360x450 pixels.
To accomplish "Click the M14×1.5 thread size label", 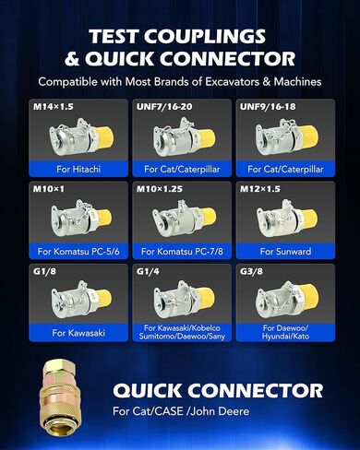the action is point(54,107).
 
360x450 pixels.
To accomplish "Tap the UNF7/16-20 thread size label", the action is point(164,107).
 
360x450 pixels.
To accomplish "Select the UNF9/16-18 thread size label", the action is point(268,107).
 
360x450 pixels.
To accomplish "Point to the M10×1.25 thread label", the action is point(160,189).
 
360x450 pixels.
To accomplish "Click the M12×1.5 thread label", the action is point(260,189).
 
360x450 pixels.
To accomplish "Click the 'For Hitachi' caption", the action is point(78,169).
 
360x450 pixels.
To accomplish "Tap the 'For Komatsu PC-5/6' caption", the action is point(78,252).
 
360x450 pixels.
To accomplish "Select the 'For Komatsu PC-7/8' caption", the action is point(182,252).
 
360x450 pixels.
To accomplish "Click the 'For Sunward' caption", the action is point(285,252).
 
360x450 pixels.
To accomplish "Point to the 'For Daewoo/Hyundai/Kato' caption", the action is point(285,332).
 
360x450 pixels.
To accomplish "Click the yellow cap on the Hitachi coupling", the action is point(105,137).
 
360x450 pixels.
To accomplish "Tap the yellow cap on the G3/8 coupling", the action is point(309,296).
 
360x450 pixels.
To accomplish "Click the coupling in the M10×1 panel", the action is point(81,219).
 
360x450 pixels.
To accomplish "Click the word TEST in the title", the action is point(113,36).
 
